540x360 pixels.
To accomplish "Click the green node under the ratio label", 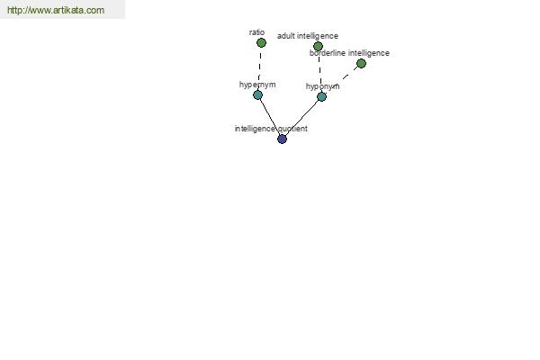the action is (x=261, y=43).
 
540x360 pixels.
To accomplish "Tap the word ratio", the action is (x=256, y=32).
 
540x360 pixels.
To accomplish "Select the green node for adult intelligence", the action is (x=318, y=46).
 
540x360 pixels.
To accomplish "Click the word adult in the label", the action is (x=286, y=36).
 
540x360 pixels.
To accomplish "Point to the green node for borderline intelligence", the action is (x=361, y=63).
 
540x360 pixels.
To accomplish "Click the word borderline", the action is (x=328, y=53).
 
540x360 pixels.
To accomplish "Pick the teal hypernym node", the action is (x=258, y=94).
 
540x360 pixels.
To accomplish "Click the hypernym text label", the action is (x=257, y=85).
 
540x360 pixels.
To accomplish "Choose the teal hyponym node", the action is (x=321, y=97).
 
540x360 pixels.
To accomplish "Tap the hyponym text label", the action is (x=323, y=86).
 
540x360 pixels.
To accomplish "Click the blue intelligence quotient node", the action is (x=282, y=139).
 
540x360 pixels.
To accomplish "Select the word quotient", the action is (x=292, y=129).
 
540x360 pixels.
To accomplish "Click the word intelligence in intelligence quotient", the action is (x=255, y=129).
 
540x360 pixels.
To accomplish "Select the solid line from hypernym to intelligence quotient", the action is (x=270, y=117).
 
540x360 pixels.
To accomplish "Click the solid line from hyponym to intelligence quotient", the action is (x=301, y=118).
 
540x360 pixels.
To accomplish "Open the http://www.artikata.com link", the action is (x=56, y=10).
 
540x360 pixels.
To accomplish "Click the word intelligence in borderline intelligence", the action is (x=369, y=53).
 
